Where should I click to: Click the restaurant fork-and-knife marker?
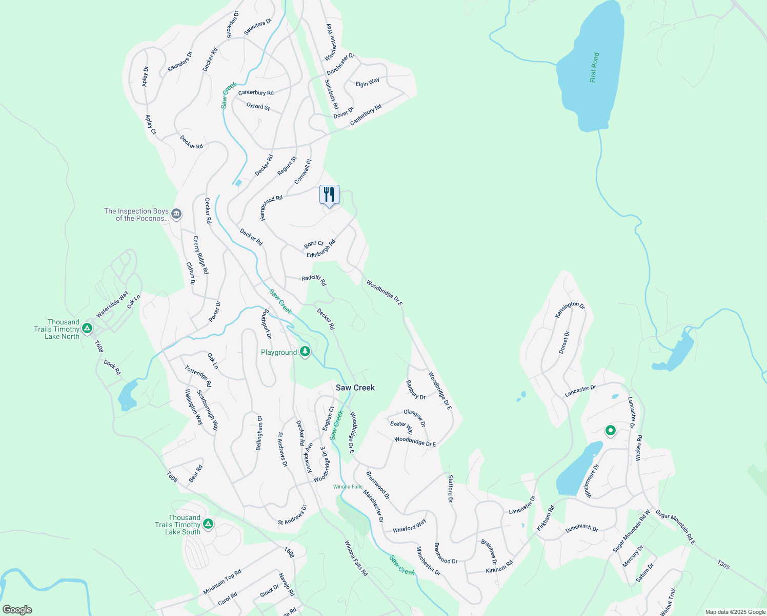pyautogui.click(x=329, y=195)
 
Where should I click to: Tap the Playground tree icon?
pyautogui.click(x=305, y=352)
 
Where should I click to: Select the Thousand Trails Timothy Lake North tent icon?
pyautogui.click(x=87, y=328)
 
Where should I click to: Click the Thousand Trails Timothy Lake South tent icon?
pyautogui.click(x=208, y=524)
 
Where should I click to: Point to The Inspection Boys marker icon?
pyautogui.click(x=176, y=214)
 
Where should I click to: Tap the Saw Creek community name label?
pyautogui.click(x=355, y=388)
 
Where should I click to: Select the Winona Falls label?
pyautogui.click(x=348, y=487)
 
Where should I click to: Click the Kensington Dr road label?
pyautogui.click(x=570, y=310)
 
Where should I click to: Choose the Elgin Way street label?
pyautogui.click(x=368, y=82)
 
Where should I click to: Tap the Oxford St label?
pyautogui.click(x=258, y=106)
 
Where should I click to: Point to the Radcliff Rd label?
pyautogui.click(x=314, y=280)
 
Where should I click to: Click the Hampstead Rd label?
pyautogui.click(x=271, y=207)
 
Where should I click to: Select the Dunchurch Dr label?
pyautogui.click(x=581, y=528)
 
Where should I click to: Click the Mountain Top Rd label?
pyautogui.click(x=222, y=582)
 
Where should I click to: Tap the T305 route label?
pyautogui.click(x=723, y=565)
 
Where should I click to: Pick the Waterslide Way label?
pyautogui.click(x=112, y=304)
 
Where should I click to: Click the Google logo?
pyautogui.click(x=17, y=610)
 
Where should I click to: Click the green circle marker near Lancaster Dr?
pyautogui.click(x=610, y=430)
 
